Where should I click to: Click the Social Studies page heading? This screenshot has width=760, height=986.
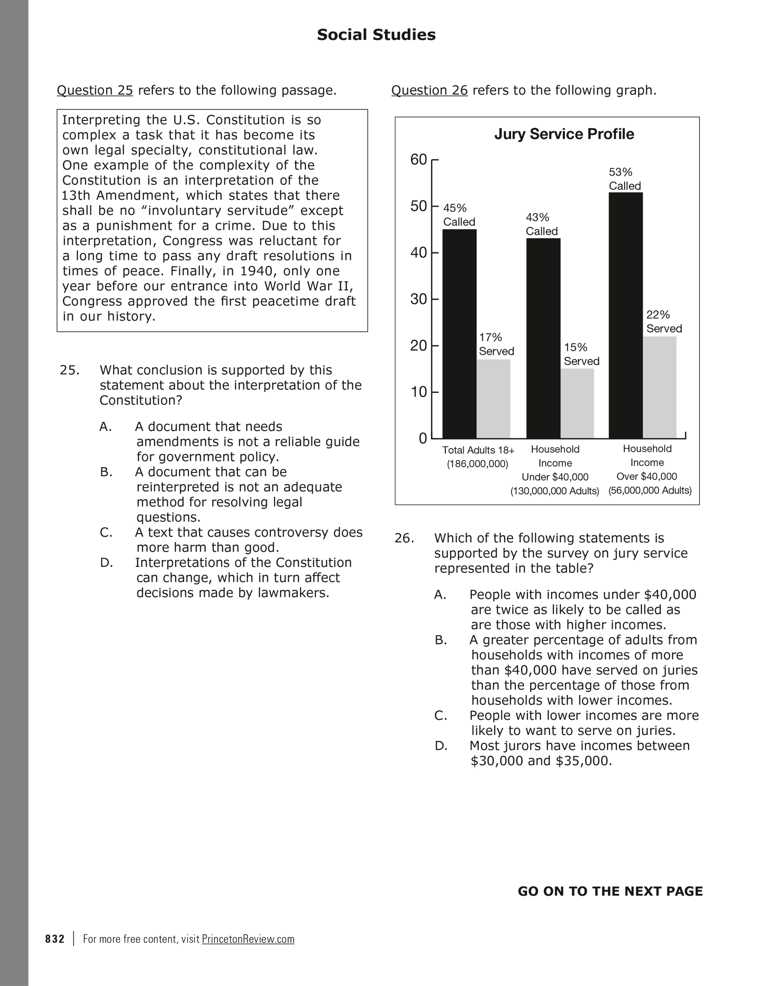(376, 35)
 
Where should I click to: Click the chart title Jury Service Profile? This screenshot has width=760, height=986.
(564, 134)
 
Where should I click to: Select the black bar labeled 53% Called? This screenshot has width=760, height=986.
(625, 315)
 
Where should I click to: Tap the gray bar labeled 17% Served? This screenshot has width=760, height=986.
(494, 399)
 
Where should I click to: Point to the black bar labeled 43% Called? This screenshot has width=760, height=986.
(543, 338)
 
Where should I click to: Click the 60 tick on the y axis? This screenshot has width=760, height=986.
(418, 160)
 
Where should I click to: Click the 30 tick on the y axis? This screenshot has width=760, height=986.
(418, 299)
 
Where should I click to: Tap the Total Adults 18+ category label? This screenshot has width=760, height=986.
(478, 450)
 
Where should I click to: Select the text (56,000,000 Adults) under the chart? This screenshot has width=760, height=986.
(650, 491)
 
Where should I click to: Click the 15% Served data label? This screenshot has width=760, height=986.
(581, 354)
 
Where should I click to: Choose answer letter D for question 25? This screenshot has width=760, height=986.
(107, 563)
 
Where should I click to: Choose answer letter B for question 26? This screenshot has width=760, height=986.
(441, 640)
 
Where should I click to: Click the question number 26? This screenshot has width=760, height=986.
(404, 538)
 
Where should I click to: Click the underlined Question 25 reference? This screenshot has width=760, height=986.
(95, 90)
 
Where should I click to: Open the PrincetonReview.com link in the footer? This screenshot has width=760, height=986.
(248, 939)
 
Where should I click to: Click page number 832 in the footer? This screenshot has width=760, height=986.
(55, 939)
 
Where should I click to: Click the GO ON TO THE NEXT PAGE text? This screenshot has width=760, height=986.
(610, 892)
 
